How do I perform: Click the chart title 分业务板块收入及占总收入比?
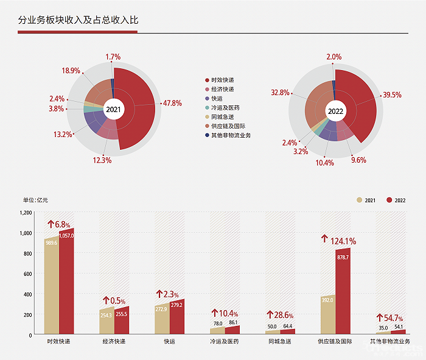pyautogui.click(x=79, y=20)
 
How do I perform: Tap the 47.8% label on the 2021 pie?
pyautogui.click(x=172, y=103)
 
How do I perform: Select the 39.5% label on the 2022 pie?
pyautogui.click(x=393, y=95)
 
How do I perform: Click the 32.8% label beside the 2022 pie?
pyautogui.click(x=281, y=93)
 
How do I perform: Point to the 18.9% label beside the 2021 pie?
pyautogui.click(x=71, y=71)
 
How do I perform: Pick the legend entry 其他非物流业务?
pyautogui.click(x=231, y=135)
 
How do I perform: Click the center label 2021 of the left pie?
pyautogui.click(x=113, y=110)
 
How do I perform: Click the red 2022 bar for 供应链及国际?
pyautogui.click(x=343, y=292)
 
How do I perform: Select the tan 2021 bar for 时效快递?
pyautogui.click(x=51, y=286)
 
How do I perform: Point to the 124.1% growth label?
pyautogui.click(x=339, y=241)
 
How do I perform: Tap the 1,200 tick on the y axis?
pyautogui.click(x=25, y=213)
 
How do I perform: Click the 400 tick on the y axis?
pyautogui.click(x=27, y=294)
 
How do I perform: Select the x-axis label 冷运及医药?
pyautogui.click(x=225, y=342)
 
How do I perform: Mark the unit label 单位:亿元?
pyautogui.click(x=35, y=200)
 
